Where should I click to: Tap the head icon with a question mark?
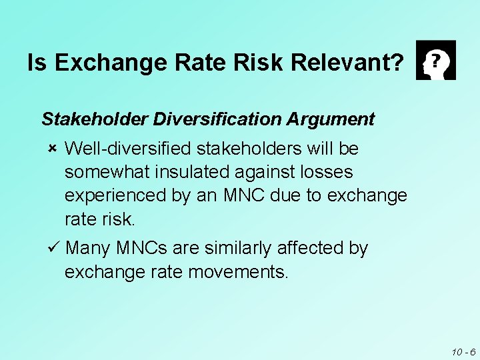pos(435,60)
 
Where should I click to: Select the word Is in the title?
pos(38,63)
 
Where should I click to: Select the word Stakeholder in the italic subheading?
pos(95,120)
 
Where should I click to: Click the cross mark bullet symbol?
pos(53,147)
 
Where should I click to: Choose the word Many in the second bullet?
pos(89,249)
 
